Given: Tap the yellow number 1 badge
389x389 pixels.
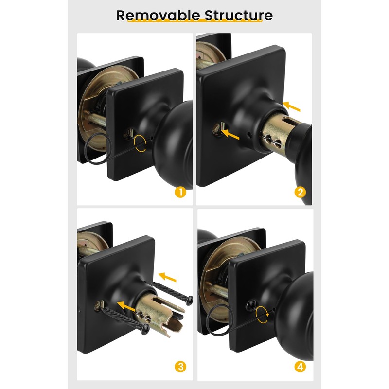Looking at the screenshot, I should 180,192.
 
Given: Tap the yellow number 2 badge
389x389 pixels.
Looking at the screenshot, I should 300,192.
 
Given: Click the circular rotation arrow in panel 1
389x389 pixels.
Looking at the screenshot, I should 141,144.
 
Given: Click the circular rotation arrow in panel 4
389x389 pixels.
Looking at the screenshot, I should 263,314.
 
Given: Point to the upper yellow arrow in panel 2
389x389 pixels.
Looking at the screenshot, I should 291,105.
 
